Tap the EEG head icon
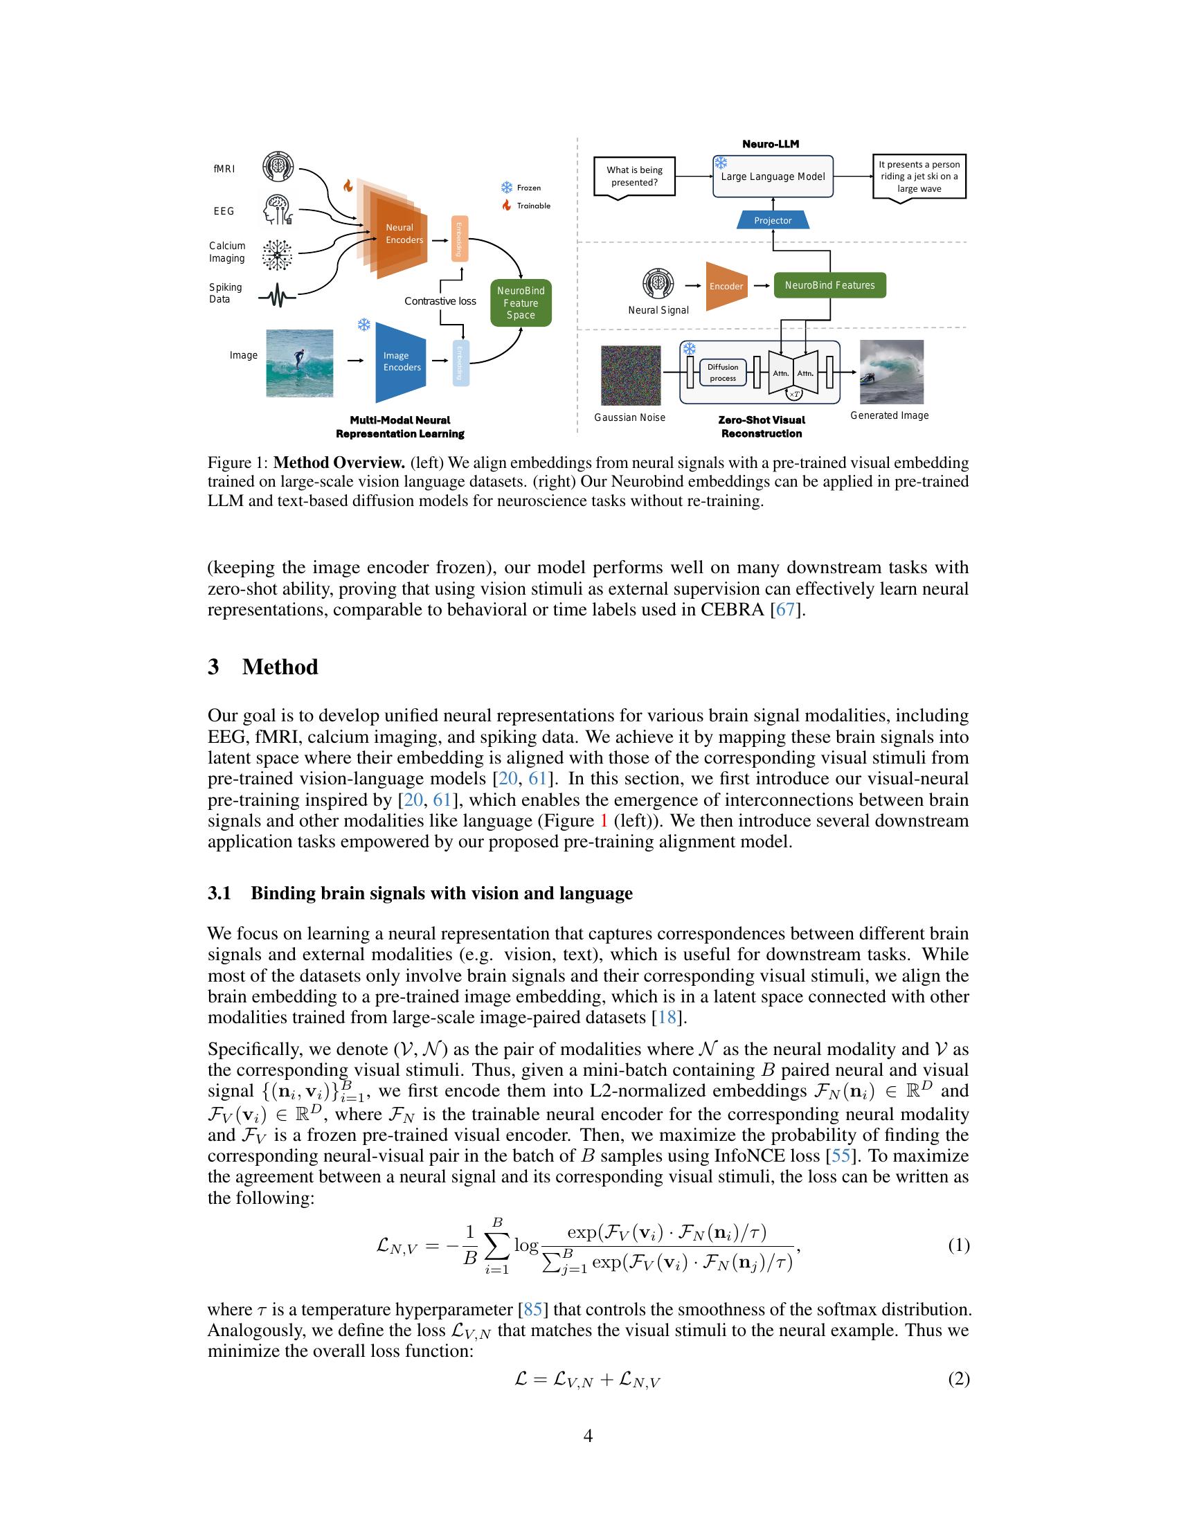(x=278, y=210)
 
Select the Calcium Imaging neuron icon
(x=277, y=254)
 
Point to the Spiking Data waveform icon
(x=277, y=298)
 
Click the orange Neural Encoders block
(x=401, y=233)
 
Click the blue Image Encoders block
(x=401, y=361)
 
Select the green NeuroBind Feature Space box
(x=521, y=303)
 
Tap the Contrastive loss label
(x=440, y=301)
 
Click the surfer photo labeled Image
(x=300, y=363)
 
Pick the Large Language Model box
(x=773, y=177)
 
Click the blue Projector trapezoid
(x=773, y=220)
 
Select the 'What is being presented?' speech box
(x=634, y=177)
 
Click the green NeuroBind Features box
(x=829, y=285)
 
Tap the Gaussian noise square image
(x=630, y=375)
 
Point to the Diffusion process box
(x=722, y=372)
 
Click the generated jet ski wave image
(x=891, y=372)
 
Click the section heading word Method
(x=280, y=667)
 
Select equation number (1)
(x=958, y=1245)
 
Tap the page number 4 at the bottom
(x=588, y=1436)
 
